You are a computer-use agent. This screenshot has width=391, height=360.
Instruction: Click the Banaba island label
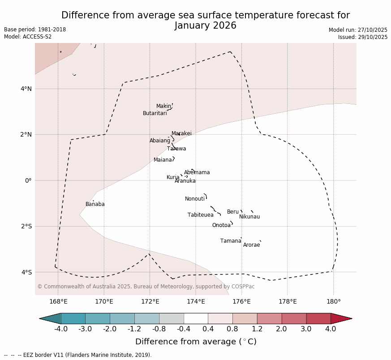[95, 204]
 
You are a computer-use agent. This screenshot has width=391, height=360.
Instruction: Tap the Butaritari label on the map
[155, 113]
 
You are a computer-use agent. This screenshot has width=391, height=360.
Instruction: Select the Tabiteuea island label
[200, 215]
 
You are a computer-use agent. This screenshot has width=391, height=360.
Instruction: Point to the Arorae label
[251, 245]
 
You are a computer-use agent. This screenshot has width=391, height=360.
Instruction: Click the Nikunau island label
[249, 217]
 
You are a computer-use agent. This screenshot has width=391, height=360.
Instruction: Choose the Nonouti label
[194, 199]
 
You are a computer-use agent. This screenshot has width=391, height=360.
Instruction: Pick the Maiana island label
[163, 160]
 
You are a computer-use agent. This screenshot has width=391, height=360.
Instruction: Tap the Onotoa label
[221, 225]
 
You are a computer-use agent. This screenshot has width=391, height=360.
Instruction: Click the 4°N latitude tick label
[26, 89]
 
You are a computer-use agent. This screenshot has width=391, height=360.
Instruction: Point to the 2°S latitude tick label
[26, 226]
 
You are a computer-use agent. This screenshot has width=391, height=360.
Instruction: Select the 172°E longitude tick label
[150, 301]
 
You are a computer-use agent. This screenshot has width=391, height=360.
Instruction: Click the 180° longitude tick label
[333, 301]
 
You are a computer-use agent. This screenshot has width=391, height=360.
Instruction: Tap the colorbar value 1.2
[257, 329]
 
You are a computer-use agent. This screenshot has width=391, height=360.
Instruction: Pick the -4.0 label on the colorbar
[60, 329]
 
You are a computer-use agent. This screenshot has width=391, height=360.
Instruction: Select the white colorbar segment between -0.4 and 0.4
[196, 318]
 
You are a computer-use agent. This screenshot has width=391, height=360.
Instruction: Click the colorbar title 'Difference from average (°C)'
[196, 342]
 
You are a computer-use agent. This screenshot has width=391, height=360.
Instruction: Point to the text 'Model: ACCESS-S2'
[28, 37]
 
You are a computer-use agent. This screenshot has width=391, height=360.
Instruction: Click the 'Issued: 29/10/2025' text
[363, 37]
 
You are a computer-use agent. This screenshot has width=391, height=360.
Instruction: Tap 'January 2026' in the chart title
[206, 26]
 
